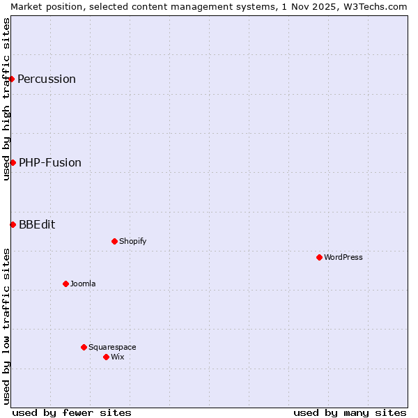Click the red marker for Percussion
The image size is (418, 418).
[12, 79]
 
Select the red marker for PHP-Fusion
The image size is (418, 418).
[13, 162]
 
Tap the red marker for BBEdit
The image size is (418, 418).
[13, 224]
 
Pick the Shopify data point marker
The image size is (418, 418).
[114, 241]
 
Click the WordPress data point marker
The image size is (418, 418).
[319, 257]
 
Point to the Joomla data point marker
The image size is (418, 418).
[65, 284]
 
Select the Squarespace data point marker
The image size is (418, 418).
[84, 347]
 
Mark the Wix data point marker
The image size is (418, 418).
[106, 357]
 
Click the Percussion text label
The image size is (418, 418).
[47, 79]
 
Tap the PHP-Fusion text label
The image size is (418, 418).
[50, 162]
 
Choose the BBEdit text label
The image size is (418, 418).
[37, 224]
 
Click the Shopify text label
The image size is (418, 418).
[133, 241]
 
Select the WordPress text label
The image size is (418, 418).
[343, 257]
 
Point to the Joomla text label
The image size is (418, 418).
[83, 284]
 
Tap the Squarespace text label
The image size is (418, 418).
[112, 347]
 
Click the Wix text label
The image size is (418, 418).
[118, 357]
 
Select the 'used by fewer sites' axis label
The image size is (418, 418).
[72, 412]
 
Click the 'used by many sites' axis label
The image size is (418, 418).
[350, 412]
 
